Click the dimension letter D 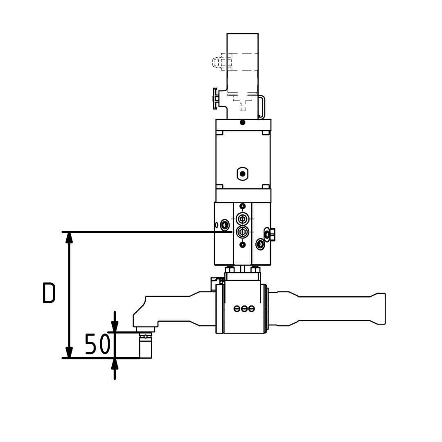pyautogui.click(x=49, y=293)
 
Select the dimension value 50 pyautogui.click(x=97, y=344)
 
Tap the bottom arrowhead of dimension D pyautogui.click(x=70, y=352)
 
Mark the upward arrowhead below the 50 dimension pyautogui.click(x=115, y=364)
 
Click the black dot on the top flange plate pyautogui.click(x=243, y=122)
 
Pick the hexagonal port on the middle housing pyautogui.click(x=243, y=174)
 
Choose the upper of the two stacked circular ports pyautogui.click(x=243, y=219)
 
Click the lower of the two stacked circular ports pyautogui.click(x=243, y=232)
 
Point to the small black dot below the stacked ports pyautogui.click(x=243, y=245)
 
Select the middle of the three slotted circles pyautogui.click(x=244, y=309)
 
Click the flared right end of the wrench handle pyautogui.click(x=380, y=309)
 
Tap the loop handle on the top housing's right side pyautogui.click(x=262, y=106)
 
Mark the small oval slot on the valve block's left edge pyautogui.click(x=216, y=225)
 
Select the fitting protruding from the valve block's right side pyautogui.click(x=271, y=234)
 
